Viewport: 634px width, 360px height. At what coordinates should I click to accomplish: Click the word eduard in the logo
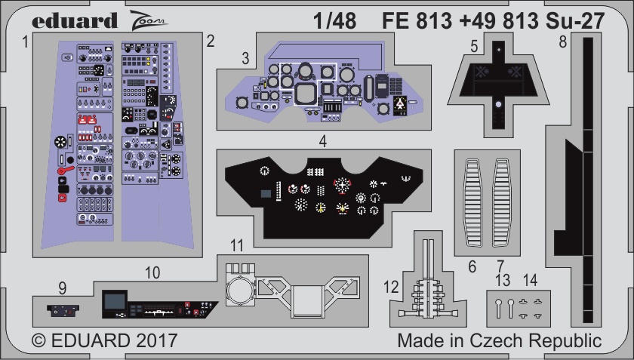(75, 20)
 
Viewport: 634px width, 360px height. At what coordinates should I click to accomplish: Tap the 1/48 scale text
(335, 20)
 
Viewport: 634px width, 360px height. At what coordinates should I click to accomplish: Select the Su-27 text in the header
(575, 20)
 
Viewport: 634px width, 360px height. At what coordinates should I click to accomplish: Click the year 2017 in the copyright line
(157, 340)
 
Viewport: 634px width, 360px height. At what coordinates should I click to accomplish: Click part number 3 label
(245, 59)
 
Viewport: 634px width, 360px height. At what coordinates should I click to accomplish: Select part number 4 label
(322, 141)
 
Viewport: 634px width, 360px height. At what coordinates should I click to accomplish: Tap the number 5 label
(475, 47)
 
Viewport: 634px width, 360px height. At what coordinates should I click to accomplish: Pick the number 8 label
(562, 42)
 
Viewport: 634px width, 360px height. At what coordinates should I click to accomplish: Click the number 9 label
(62, 288)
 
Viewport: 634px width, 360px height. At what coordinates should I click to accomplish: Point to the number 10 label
(152, 273)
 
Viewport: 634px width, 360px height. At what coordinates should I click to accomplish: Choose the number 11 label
(237, 245)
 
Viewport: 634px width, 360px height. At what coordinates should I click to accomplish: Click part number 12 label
(391, 287)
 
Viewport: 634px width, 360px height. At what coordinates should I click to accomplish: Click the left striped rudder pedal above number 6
(472, 203)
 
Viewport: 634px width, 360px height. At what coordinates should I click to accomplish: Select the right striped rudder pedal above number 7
(502, 203)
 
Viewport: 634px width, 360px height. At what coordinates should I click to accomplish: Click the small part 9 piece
(63, 311)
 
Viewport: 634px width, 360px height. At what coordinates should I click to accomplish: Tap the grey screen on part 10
(115, 301)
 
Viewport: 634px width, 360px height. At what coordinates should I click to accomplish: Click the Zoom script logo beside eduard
(148, 20)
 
